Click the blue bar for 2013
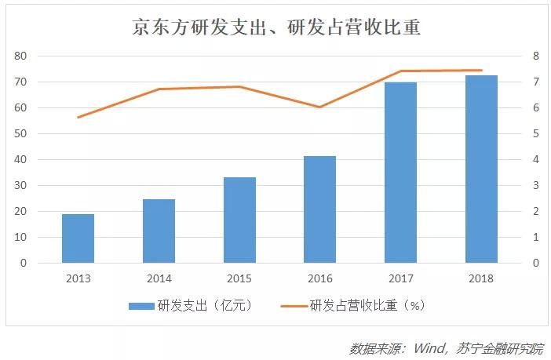point(78,238)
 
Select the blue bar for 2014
point(159,231)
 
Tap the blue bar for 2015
point(239,220)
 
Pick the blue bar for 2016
point(319,209)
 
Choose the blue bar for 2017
point(400,173)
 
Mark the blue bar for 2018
point(481,169)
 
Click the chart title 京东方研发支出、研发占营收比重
point(275,27)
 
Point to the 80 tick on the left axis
point(21,56)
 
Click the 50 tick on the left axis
point(21,134)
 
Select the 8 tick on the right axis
point(535,56)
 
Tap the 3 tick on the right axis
point(535,186)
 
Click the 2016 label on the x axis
point(319,278)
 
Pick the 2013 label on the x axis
point(78,278)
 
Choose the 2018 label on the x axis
point(481,278)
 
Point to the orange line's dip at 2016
point(319,107)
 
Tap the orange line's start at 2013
point(78,117)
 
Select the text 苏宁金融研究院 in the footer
point(502,347)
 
